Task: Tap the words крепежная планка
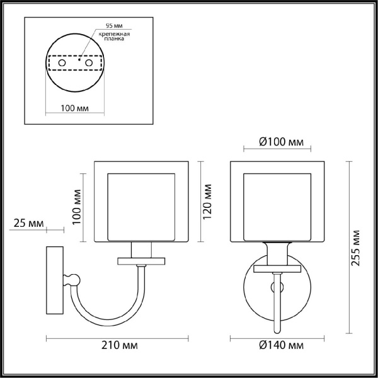coord(110,37)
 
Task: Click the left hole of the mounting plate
coord(62,64)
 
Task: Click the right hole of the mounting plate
coord(89,64)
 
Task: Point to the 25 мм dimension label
coord(27,224)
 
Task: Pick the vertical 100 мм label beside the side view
coord(77,205)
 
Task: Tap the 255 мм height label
coord(357,249)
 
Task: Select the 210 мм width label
coord(118,346)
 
